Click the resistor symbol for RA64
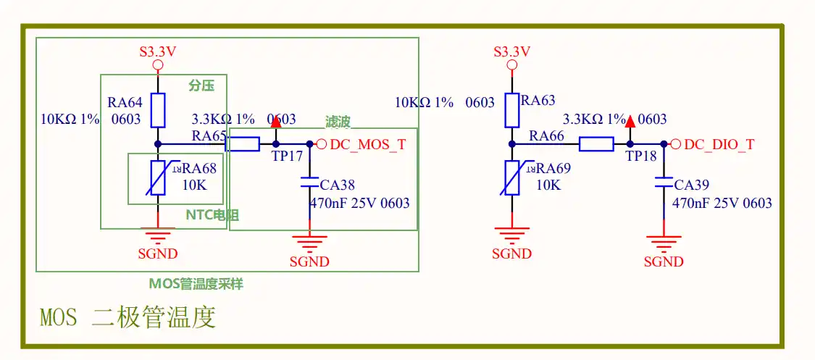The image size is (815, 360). tap(158, 110)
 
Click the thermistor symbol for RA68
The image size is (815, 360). tap(157, 177)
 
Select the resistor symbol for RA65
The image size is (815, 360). tap(242, 144)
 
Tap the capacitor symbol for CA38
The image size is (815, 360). tap(309, 183)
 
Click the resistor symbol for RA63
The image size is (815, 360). tap(512, 110)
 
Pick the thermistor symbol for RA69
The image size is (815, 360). tap(512, 177)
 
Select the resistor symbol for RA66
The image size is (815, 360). tap(596, 144)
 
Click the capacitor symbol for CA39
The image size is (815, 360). tap(664, 183)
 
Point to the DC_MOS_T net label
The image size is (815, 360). tap(368, 145)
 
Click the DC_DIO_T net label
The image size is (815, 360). tap(719, 145)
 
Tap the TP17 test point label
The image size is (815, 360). tap(287, 156)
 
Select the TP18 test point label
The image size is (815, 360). tap(641, 156)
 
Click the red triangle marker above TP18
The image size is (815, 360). tap(630, 122)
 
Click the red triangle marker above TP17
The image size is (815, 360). tap(276, 122)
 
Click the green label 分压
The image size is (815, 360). tap(201, 85)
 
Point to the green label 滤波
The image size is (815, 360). tap(338, 122)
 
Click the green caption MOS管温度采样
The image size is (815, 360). tap(196, 284)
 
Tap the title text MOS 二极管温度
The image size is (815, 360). tap(128, 317)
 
